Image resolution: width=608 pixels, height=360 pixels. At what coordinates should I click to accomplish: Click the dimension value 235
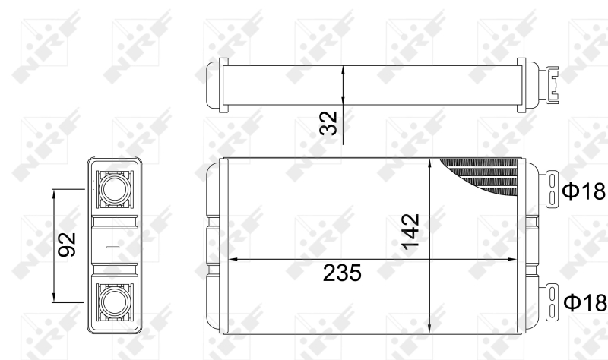click(342, 273)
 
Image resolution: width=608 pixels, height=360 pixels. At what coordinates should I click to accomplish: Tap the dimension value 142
click(410, 232)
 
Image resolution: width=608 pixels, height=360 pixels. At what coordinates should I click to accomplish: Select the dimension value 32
click(328, 123)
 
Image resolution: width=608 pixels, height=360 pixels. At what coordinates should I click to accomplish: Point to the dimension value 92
click(67, 245)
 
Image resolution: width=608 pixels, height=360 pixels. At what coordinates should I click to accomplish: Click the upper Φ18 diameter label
click(584, 191)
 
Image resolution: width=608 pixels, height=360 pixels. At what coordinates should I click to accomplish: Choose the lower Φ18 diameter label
click(584, 302)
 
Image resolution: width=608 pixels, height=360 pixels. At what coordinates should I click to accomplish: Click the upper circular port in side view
click(115, 188)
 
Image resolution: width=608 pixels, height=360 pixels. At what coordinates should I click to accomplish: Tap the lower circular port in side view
click(115, 302)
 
